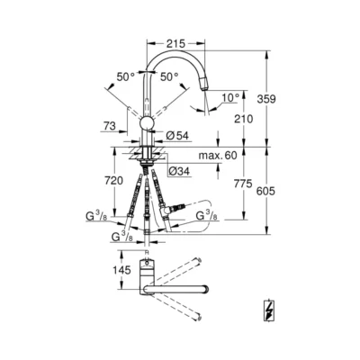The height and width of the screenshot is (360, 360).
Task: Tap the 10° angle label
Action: coord(232,96)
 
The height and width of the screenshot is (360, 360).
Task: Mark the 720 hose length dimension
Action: coord(113,181)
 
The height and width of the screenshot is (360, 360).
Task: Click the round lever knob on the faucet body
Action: coord(148,123)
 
